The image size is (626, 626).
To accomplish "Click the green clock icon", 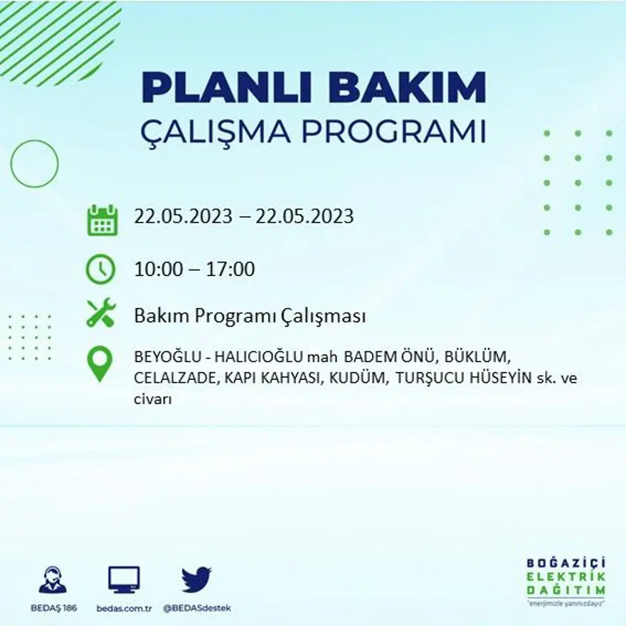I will [100, 269].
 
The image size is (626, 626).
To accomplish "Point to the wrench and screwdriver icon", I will [100, 314].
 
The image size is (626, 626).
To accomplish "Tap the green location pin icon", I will [100, 363].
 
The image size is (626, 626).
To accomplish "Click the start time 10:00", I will [158, 270].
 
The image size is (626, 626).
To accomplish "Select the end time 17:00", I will [230, 270].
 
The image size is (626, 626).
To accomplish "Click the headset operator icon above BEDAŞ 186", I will [53, 580].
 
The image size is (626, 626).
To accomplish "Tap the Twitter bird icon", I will [196, 579].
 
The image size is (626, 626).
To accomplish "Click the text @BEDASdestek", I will [197, 608].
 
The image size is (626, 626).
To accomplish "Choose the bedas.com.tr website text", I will [124, 608].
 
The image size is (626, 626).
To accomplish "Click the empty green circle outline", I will [34, 164].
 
